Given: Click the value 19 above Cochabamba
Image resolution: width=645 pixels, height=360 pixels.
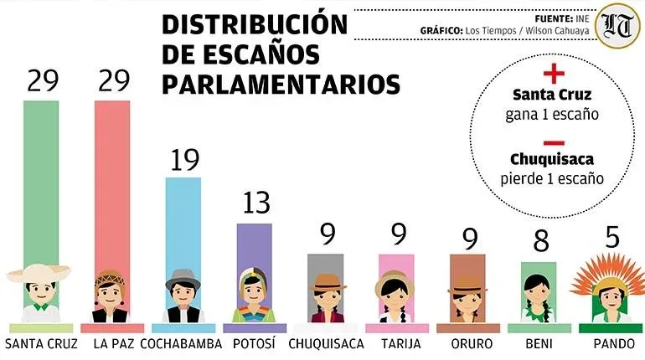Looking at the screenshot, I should coord(183,160).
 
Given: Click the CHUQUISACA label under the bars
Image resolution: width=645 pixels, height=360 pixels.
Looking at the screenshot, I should coord(326,343).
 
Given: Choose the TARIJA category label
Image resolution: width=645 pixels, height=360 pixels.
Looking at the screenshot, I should coord(396,343).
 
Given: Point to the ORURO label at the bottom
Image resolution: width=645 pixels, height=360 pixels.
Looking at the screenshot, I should coord(468,343).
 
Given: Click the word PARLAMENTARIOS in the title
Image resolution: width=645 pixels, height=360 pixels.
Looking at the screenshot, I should coord(281,84).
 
